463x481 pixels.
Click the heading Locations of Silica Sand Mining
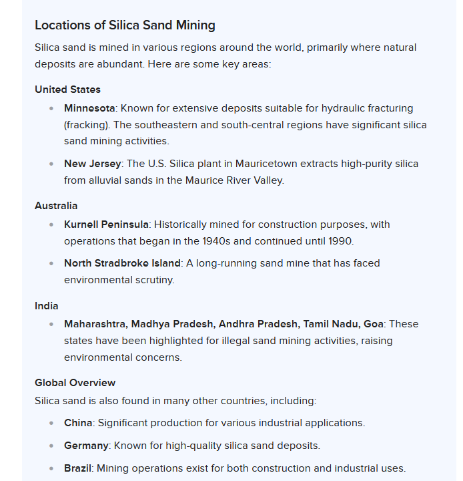tap(125, 25)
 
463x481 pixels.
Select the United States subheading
tap(67, 90)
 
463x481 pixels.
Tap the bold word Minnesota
tap(89, 108)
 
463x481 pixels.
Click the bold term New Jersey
tap(93, 164)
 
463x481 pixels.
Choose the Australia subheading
tap(56, 206)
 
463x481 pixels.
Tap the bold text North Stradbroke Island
tap(122, 263)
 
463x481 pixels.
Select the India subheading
tap(47, 306)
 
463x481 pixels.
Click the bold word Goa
tap(374, 324)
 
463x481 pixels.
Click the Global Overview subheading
tap(75, 383)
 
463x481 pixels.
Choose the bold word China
tap(78, 423)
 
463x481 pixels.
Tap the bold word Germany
tap(86, 446)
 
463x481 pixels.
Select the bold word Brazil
tap(77, 468)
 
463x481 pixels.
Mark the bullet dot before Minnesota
tap(51, 108)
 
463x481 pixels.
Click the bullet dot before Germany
tap(51, 446)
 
